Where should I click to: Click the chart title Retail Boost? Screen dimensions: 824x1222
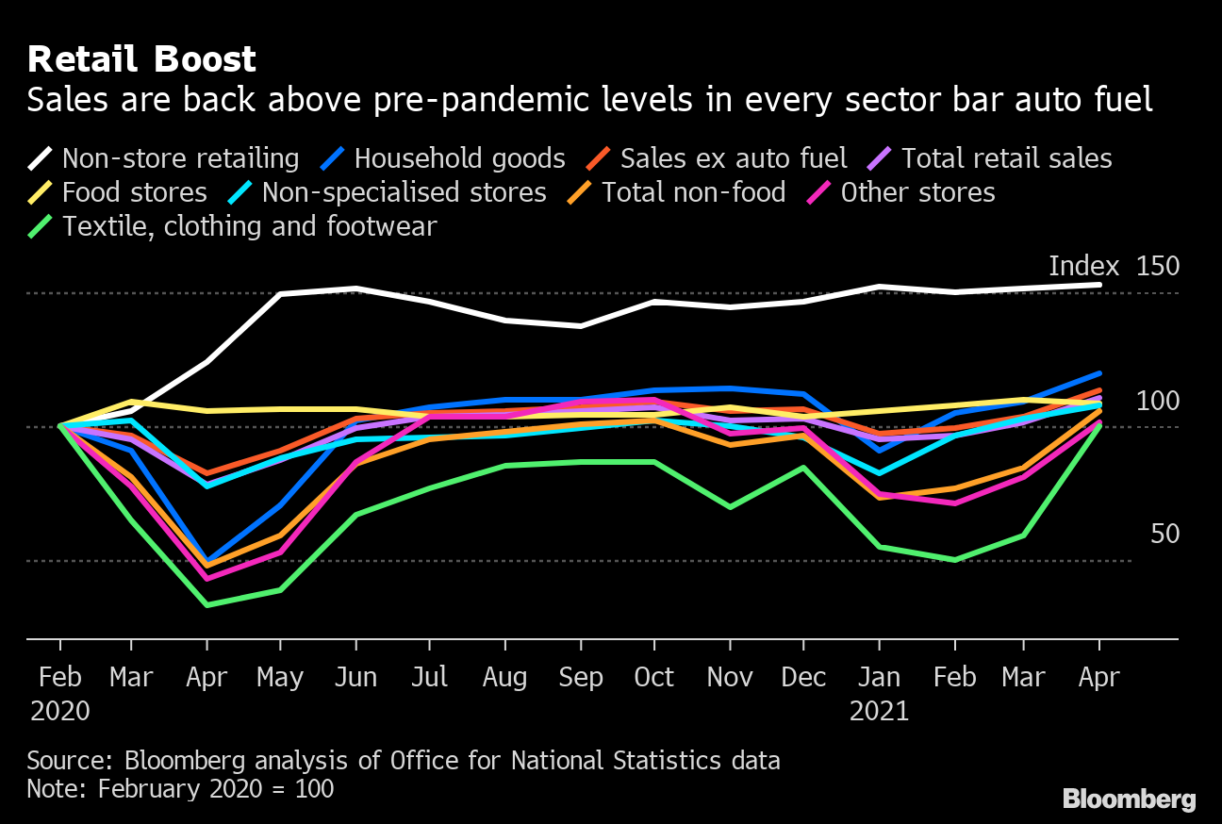(x=141, y=59)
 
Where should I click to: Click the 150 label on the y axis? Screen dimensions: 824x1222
(x=1158, y=267)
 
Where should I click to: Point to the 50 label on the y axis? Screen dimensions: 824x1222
(x=1165, y=535)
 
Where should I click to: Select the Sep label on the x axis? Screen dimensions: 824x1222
(x=580, y=678)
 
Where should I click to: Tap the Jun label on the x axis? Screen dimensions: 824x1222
(x=355, y=678)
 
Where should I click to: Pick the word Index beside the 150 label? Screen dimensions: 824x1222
(x=1083, y=267)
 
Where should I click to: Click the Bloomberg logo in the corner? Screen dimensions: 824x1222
(x=1129, y=799)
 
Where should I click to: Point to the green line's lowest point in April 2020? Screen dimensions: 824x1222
(x=206, y=604)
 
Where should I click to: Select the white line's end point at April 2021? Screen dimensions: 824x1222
(x=1099, y=285)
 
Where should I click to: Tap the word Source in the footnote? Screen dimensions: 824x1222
(x=65, y=761)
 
